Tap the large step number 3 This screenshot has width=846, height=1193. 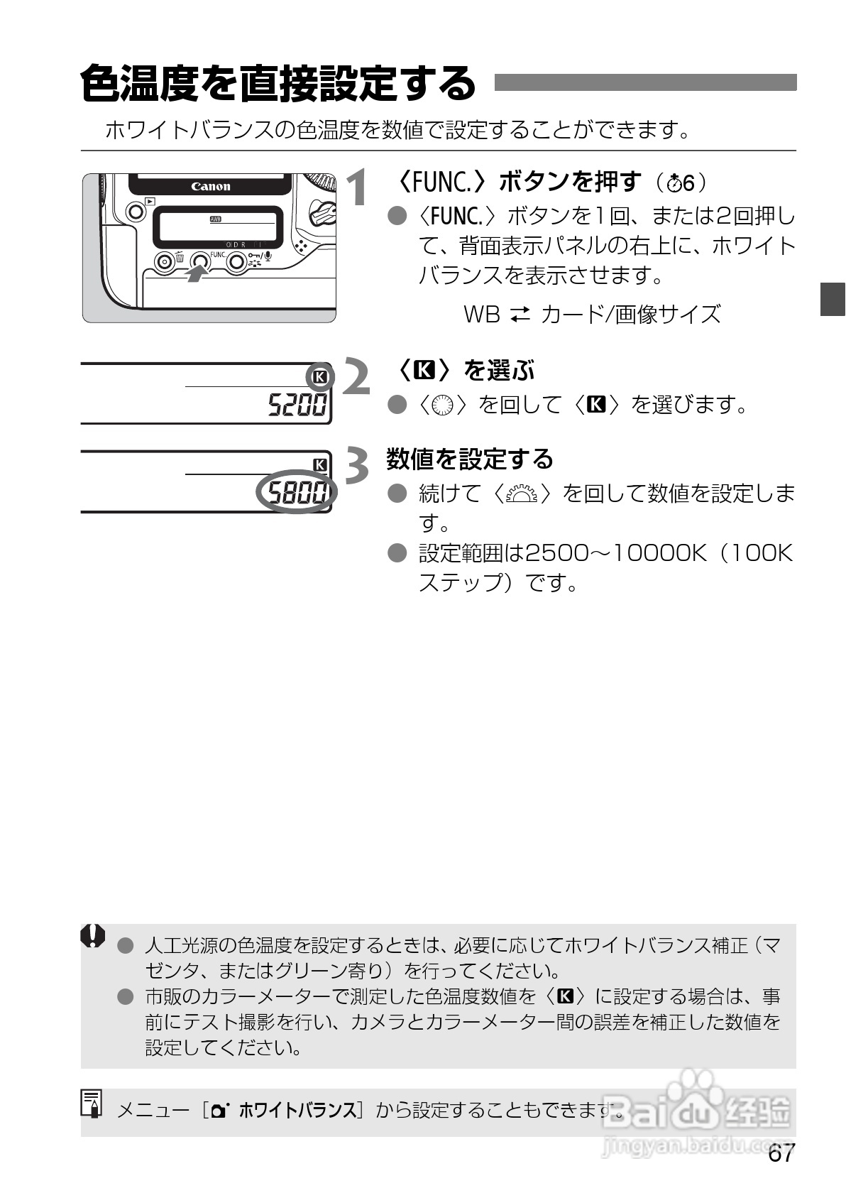click(356, 466)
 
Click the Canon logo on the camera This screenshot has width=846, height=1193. click(211, 187)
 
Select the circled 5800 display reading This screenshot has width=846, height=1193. click(297, 492)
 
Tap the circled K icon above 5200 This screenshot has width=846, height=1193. click(320, 376)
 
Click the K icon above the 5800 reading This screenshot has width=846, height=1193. click(321, 464)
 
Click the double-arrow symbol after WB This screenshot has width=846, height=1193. click(520, 314)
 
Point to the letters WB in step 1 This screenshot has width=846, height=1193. click(482, 314)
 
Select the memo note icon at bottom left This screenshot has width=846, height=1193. click(92, 1104)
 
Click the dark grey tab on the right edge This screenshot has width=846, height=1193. click(833, 299)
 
